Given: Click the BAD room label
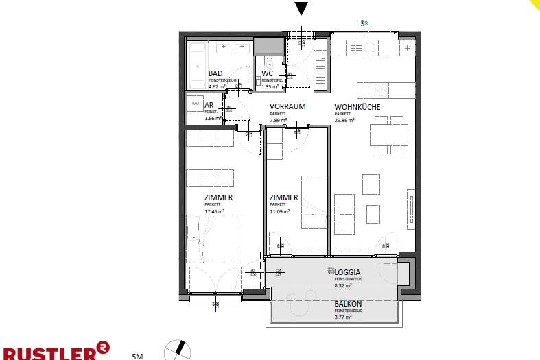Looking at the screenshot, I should coord(215,73).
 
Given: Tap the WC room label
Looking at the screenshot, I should coord(268,73).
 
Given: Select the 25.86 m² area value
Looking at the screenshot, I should coord(344,120).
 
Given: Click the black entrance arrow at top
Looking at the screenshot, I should coord(301,8).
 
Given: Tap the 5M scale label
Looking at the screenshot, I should coord(137,356).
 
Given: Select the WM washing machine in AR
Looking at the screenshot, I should coord(196,105).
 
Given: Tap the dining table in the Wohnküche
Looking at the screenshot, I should coord(388,134).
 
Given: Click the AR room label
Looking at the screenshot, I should coord(209,106).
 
